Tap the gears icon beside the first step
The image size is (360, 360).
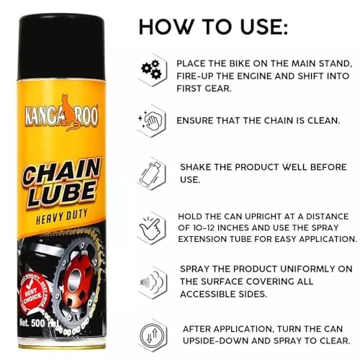coord(151,68)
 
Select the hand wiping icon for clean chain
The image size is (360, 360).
coord(151,120)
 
